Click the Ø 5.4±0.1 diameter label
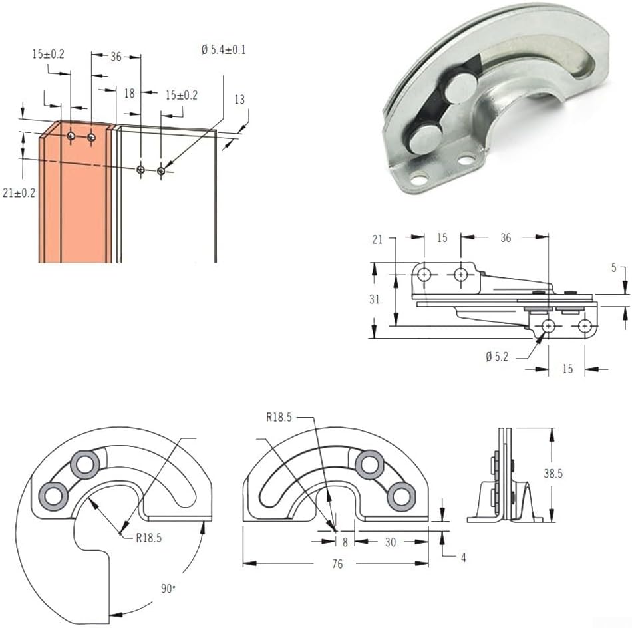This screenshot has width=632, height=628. point(222,50)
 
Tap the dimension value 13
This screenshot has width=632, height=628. point(239,99)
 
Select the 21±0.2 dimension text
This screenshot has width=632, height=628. point(19,193)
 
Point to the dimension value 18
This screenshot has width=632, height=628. point(129,94)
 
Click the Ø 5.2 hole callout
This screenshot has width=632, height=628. point(497,357)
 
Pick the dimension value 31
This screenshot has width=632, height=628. point(375,299)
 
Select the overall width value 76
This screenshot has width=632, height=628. point(337,564)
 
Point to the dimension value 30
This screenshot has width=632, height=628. point(390,542)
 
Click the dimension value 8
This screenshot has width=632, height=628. point(345,542)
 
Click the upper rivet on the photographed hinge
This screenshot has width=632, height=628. point(460,88)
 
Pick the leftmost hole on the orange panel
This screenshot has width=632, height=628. point(71,136)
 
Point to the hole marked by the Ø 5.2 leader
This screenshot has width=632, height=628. point(548,326)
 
